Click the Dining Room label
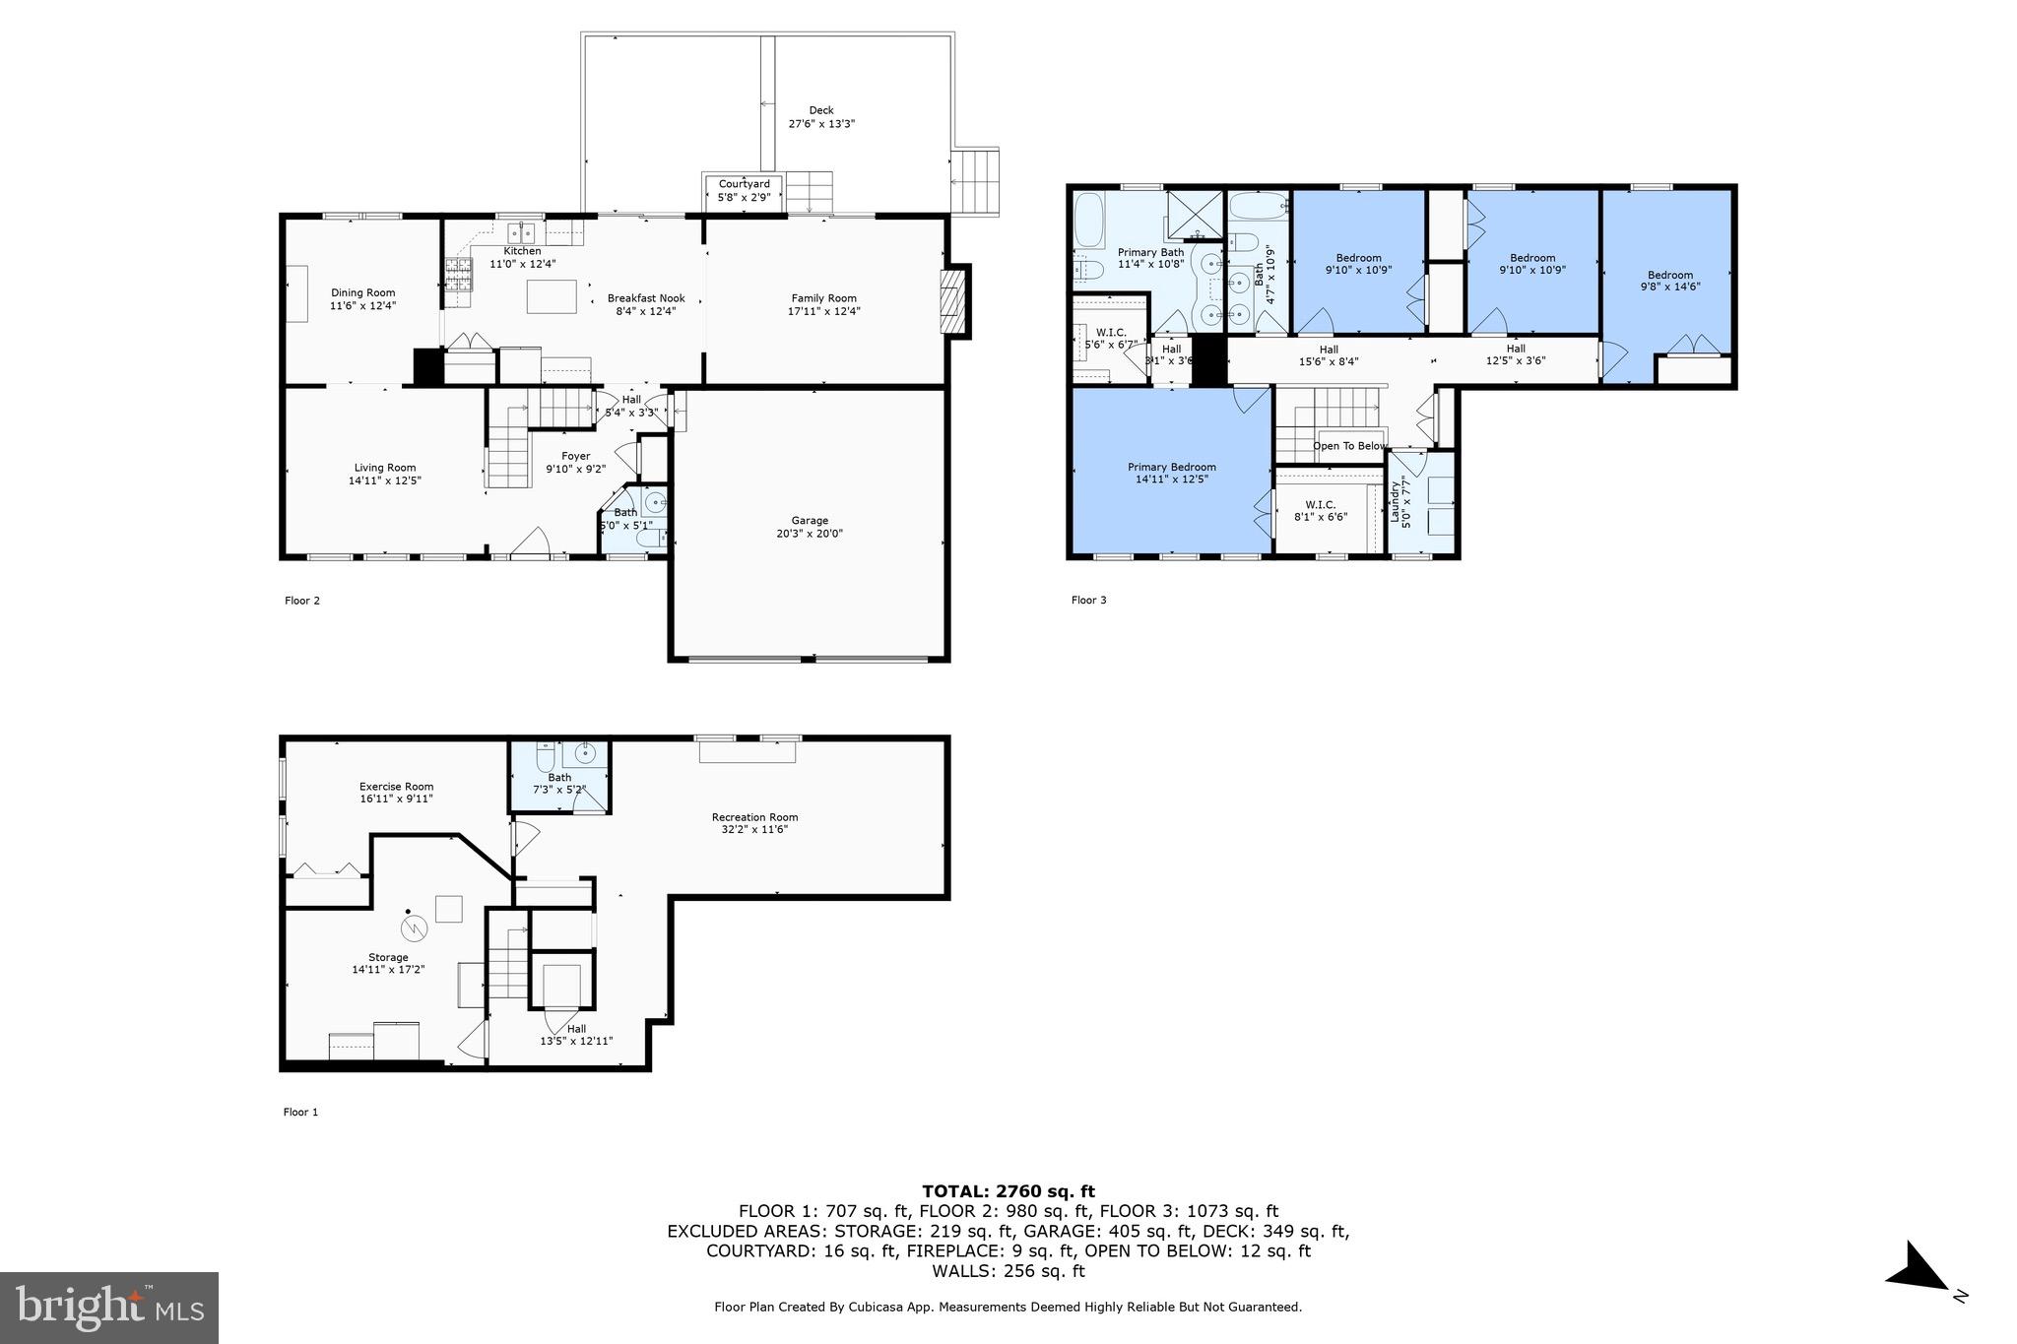coord(362,292)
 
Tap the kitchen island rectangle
coord(552,296)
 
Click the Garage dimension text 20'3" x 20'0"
coord(810,534)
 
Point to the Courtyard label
coord(744,184)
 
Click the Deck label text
coord(820,110)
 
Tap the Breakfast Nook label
coord(646,298)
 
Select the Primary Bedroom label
coord(1171,467)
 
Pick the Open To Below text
coord(1349,446)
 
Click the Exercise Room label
coord(396,786)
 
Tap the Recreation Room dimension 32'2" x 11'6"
coord(754,829)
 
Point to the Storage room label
coord(388,957)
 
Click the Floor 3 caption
coord(1088,600)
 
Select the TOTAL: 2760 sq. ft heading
coord(1008,1191)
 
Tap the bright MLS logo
coord(108,1308)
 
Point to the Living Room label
coord(385,468)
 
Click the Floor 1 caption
coord(300,1112)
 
